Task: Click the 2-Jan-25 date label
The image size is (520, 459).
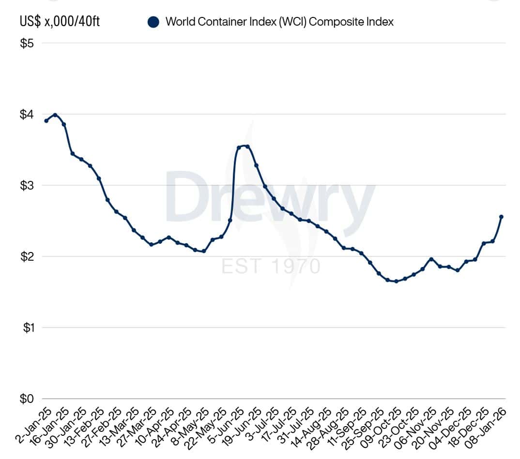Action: click(x=30, y=426)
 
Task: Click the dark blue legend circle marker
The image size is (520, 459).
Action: click(x=154, y=22)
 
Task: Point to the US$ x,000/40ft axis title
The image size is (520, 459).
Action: click(x=60, y=22)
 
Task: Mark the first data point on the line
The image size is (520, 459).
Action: click(x=46, y=121)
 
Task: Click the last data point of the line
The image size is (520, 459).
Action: click(x=501, y=217)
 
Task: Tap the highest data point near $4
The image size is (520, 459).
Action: click(x=55, y=115)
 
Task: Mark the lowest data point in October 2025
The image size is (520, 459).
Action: click(x=396, y=281)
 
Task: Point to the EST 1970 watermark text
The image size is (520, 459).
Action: click(x=271, y=267)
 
